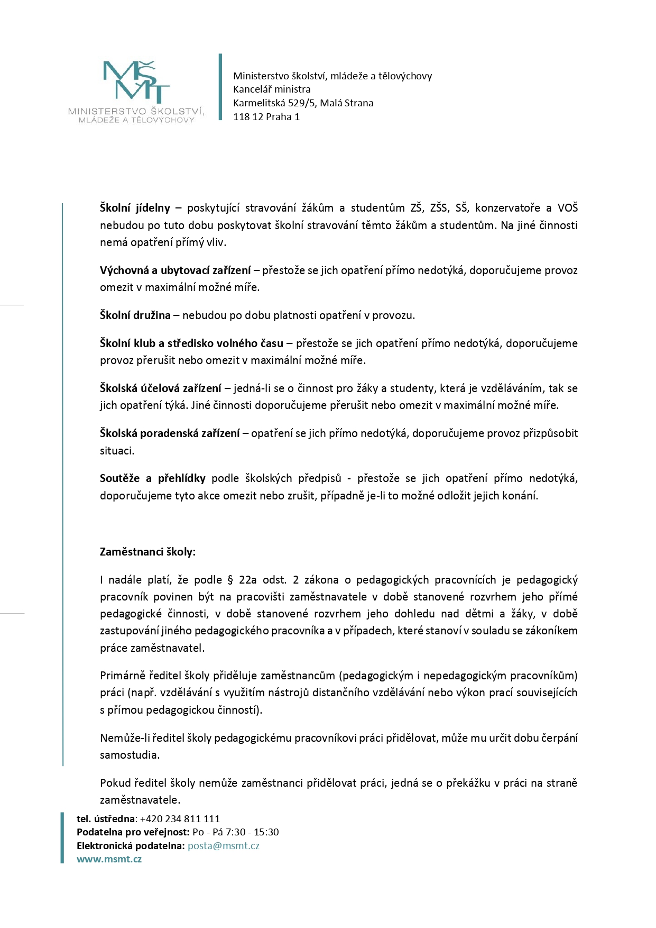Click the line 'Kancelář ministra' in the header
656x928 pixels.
click(272, 89)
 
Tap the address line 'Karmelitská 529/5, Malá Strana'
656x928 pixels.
click(303, 103)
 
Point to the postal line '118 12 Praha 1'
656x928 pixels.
click(266, 117)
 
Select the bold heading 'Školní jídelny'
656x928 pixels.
click(135, 208)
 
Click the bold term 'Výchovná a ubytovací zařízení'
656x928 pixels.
click(175, 270)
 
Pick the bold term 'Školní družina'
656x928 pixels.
click(135, 315)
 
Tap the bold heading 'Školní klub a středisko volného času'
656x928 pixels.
click(191, 343)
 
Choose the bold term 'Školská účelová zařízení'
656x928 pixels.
click(161, 388)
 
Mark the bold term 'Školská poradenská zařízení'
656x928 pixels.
click(170, 433)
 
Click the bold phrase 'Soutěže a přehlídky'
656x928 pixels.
click(152, 478)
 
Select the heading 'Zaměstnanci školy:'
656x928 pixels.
click(147, 552)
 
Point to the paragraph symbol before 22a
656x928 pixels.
click(230, 580)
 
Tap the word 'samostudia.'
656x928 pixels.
click(130, 755)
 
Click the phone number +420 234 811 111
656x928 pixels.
click(180, 819)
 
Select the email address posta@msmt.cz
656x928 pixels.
click(223, 845)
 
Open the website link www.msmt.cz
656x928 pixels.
click(109, 859)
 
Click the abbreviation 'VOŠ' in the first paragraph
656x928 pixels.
click(567, 208)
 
